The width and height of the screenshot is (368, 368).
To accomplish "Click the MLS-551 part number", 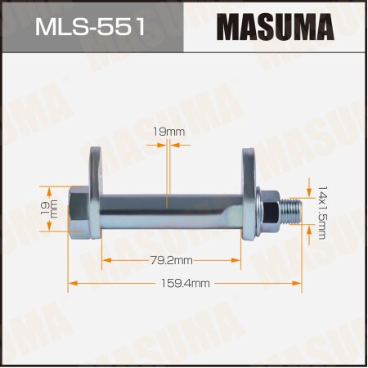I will point(91,26).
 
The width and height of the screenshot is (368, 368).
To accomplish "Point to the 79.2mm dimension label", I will point(172,260).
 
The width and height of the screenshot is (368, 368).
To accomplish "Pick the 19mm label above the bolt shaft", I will point(168,129).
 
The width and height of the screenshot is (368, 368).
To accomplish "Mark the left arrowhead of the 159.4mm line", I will point(70,283).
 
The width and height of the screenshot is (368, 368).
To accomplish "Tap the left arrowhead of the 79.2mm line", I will point(105,260).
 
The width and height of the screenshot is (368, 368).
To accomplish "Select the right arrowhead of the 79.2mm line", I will point(239,260).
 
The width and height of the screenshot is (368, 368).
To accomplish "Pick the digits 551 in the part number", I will point(121,26).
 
